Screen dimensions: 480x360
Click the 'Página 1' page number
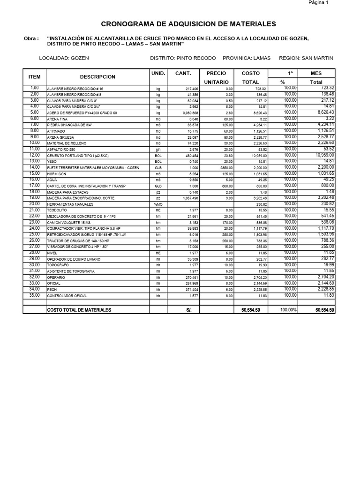tap(318, 3)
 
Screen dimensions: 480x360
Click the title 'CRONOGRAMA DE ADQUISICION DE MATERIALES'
tap(189, 24)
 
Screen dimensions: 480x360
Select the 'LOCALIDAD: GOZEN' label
tap(64, 58)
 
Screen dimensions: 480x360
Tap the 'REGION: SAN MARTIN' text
tap(306, 58)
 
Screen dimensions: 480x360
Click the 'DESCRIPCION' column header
tap(97, 77)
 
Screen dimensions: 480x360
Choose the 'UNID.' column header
tap(158, 74)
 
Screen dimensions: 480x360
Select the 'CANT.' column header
tap(183, 74)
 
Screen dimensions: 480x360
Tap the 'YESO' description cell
tap(51, 162)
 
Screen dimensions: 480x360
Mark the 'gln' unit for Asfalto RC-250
tap(158, 150)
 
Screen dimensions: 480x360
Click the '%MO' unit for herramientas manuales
tap(158, 204)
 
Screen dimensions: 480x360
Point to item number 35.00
tap(34, 295)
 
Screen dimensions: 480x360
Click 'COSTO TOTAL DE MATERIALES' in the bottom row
tap(79, 310)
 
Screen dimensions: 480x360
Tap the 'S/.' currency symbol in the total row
tap(189, 310)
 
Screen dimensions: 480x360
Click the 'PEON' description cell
tap(51, 290)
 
